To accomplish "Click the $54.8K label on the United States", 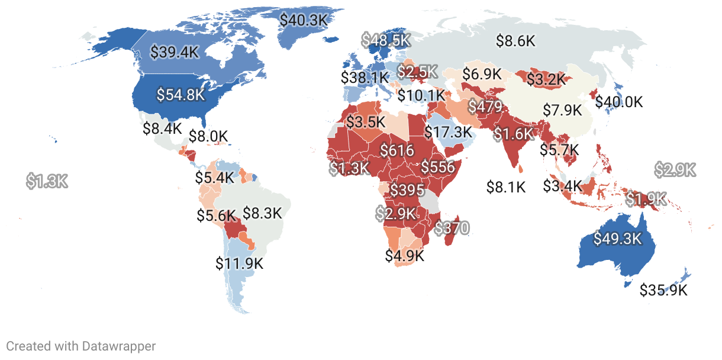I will click(180, 94).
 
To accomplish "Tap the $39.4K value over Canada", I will click(174, 52).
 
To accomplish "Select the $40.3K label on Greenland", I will click(304, 20).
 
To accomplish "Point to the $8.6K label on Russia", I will click(515, 41).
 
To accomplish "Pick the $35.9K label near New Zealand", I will click(663, 290).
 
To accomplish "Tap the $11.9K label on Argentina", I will click(240, 262).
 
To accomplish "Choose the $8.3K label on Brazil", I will click(263, 213).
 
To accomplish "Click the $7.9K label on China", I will click(563, 110).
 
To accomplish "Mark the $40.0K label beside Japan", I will click(619, 102).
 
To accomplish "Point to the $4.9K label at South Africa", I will click(405, 256).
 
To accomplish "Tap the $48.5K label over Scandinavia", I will click(386, 40).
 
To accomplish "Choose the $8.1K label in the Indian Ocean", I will click(506, 187).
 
